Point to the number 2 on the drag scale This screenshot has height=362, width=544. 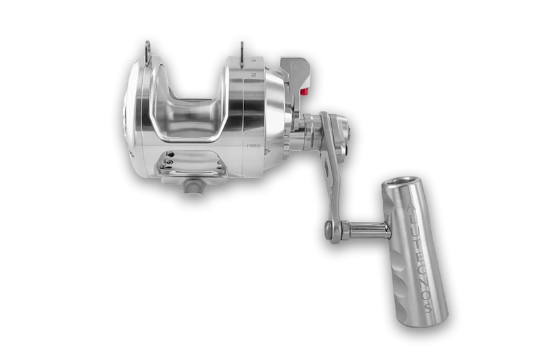click(x=252, y=75)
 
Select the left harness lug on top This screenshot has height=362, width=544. click(x=148, y=50)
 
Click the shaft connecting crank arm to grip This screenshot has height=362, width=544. click(x=368, y=232)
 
